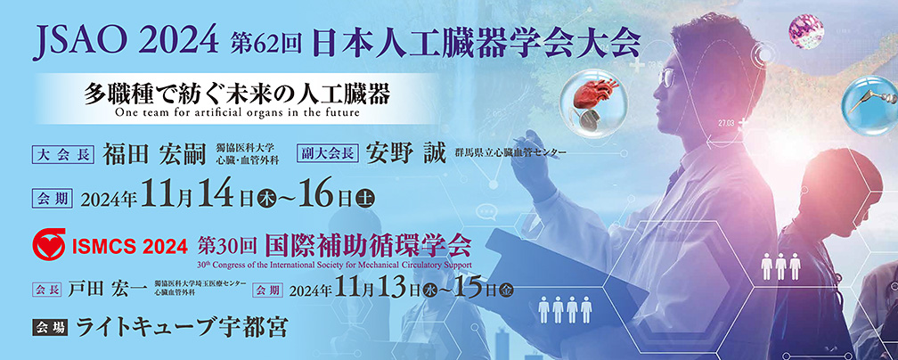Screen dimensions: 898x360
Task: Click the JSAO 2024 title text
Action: pos(126,42)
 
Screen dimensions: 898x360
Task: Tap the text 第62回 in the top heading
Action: pos(265,43)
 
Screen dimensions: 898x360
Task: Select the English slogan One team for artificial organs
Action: pos(237,111)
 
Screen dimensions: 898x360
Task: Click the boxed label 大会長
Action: pos(63,153)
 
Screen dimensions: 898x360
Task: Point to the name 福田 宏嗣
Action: pos(154,153)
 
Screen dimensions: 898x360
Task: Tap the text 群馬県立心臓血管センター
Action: pos(510,153)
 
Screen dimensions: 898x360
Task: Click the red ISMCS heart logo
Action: pos(50,245)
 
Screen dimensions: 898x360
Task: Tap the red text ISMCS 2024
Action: pos(130,247)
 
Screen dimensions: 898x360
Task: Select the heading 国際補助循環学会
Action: pos(368,246)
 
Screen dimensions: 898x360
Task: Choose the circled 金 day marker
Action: pos(507,290)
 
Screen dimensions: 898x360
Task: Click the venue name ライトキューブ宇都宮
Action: pos(182,327)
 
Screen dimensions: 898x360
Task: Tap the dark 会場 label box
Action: pos(51,327)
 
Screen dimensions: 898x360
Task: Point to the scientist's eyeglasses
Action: pos(669,77)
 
